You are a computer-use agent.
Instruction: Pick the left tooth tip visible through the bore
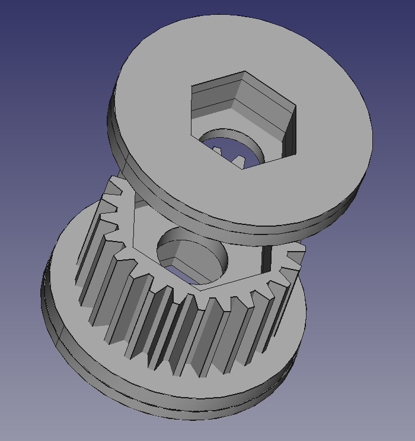click(x=219, y=152)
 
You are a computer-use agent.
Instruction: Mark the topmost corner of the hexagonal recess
click(x=245, y=73)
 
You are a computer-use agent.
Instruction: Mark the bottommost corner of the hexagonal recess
click(x=242, y=169)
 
